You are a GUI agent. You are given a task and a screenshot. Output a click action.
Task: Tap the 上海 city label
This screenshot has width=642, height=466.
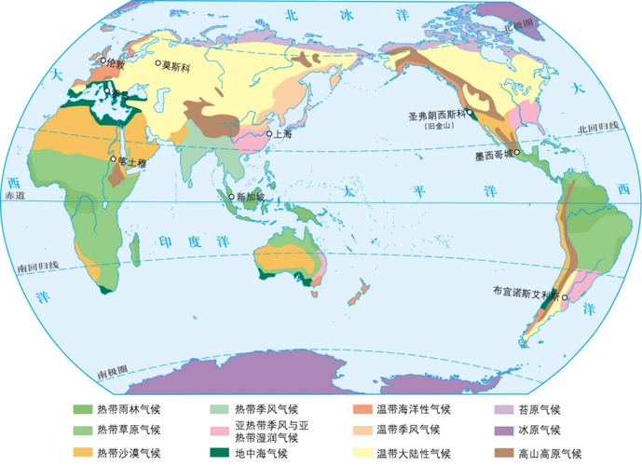tap(281, 133)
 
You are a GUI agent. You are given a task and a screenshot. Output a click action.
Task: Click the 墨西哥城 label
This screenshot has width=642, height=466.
tap(494, 157)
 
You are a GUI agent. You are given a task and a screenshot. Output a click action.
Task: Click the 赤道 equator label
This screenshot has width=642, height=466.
tap(17, 197)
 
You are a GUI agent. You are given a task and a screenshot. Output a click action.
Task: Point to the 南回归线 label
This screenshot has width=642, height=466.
tap(37, 267)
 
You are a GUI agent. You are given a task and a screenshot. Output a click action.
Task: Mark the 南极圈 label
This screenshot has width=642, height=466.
tap(113, 373)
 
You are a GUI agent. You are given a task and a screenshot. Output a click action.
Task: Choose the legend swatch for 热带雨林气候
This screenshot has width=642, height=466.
tap(83, 409)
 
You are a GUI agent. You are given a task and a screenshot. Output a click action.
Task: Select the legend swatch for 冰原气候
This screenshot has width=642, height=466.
tap(503, 431)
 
